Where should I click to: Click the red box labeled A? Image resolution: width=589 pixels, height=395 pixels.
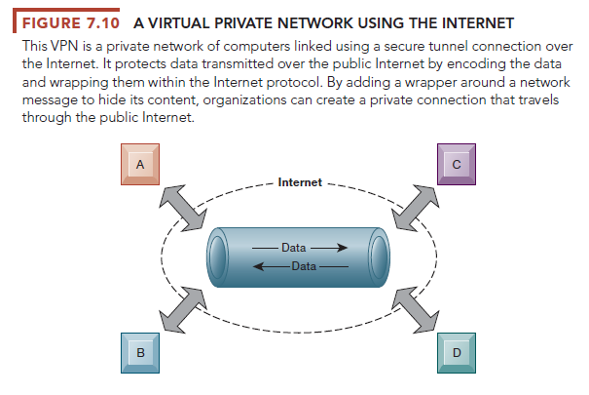tap(140, 167)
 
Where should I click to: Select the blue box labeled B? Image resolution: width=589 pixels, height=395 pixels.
tap(140, 352)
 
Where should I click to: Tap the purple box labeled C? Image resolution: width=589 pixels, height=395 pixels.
tap(455, 167)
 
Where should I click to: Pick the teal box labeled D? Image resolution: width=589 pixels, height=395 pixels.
tap(455, 352)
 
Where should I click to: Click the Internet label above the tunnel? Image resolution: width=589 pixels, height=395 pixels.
tap(299, 182)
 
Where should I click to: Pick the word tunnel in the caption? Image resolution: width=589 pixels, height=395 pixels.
tap(441, 47)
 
